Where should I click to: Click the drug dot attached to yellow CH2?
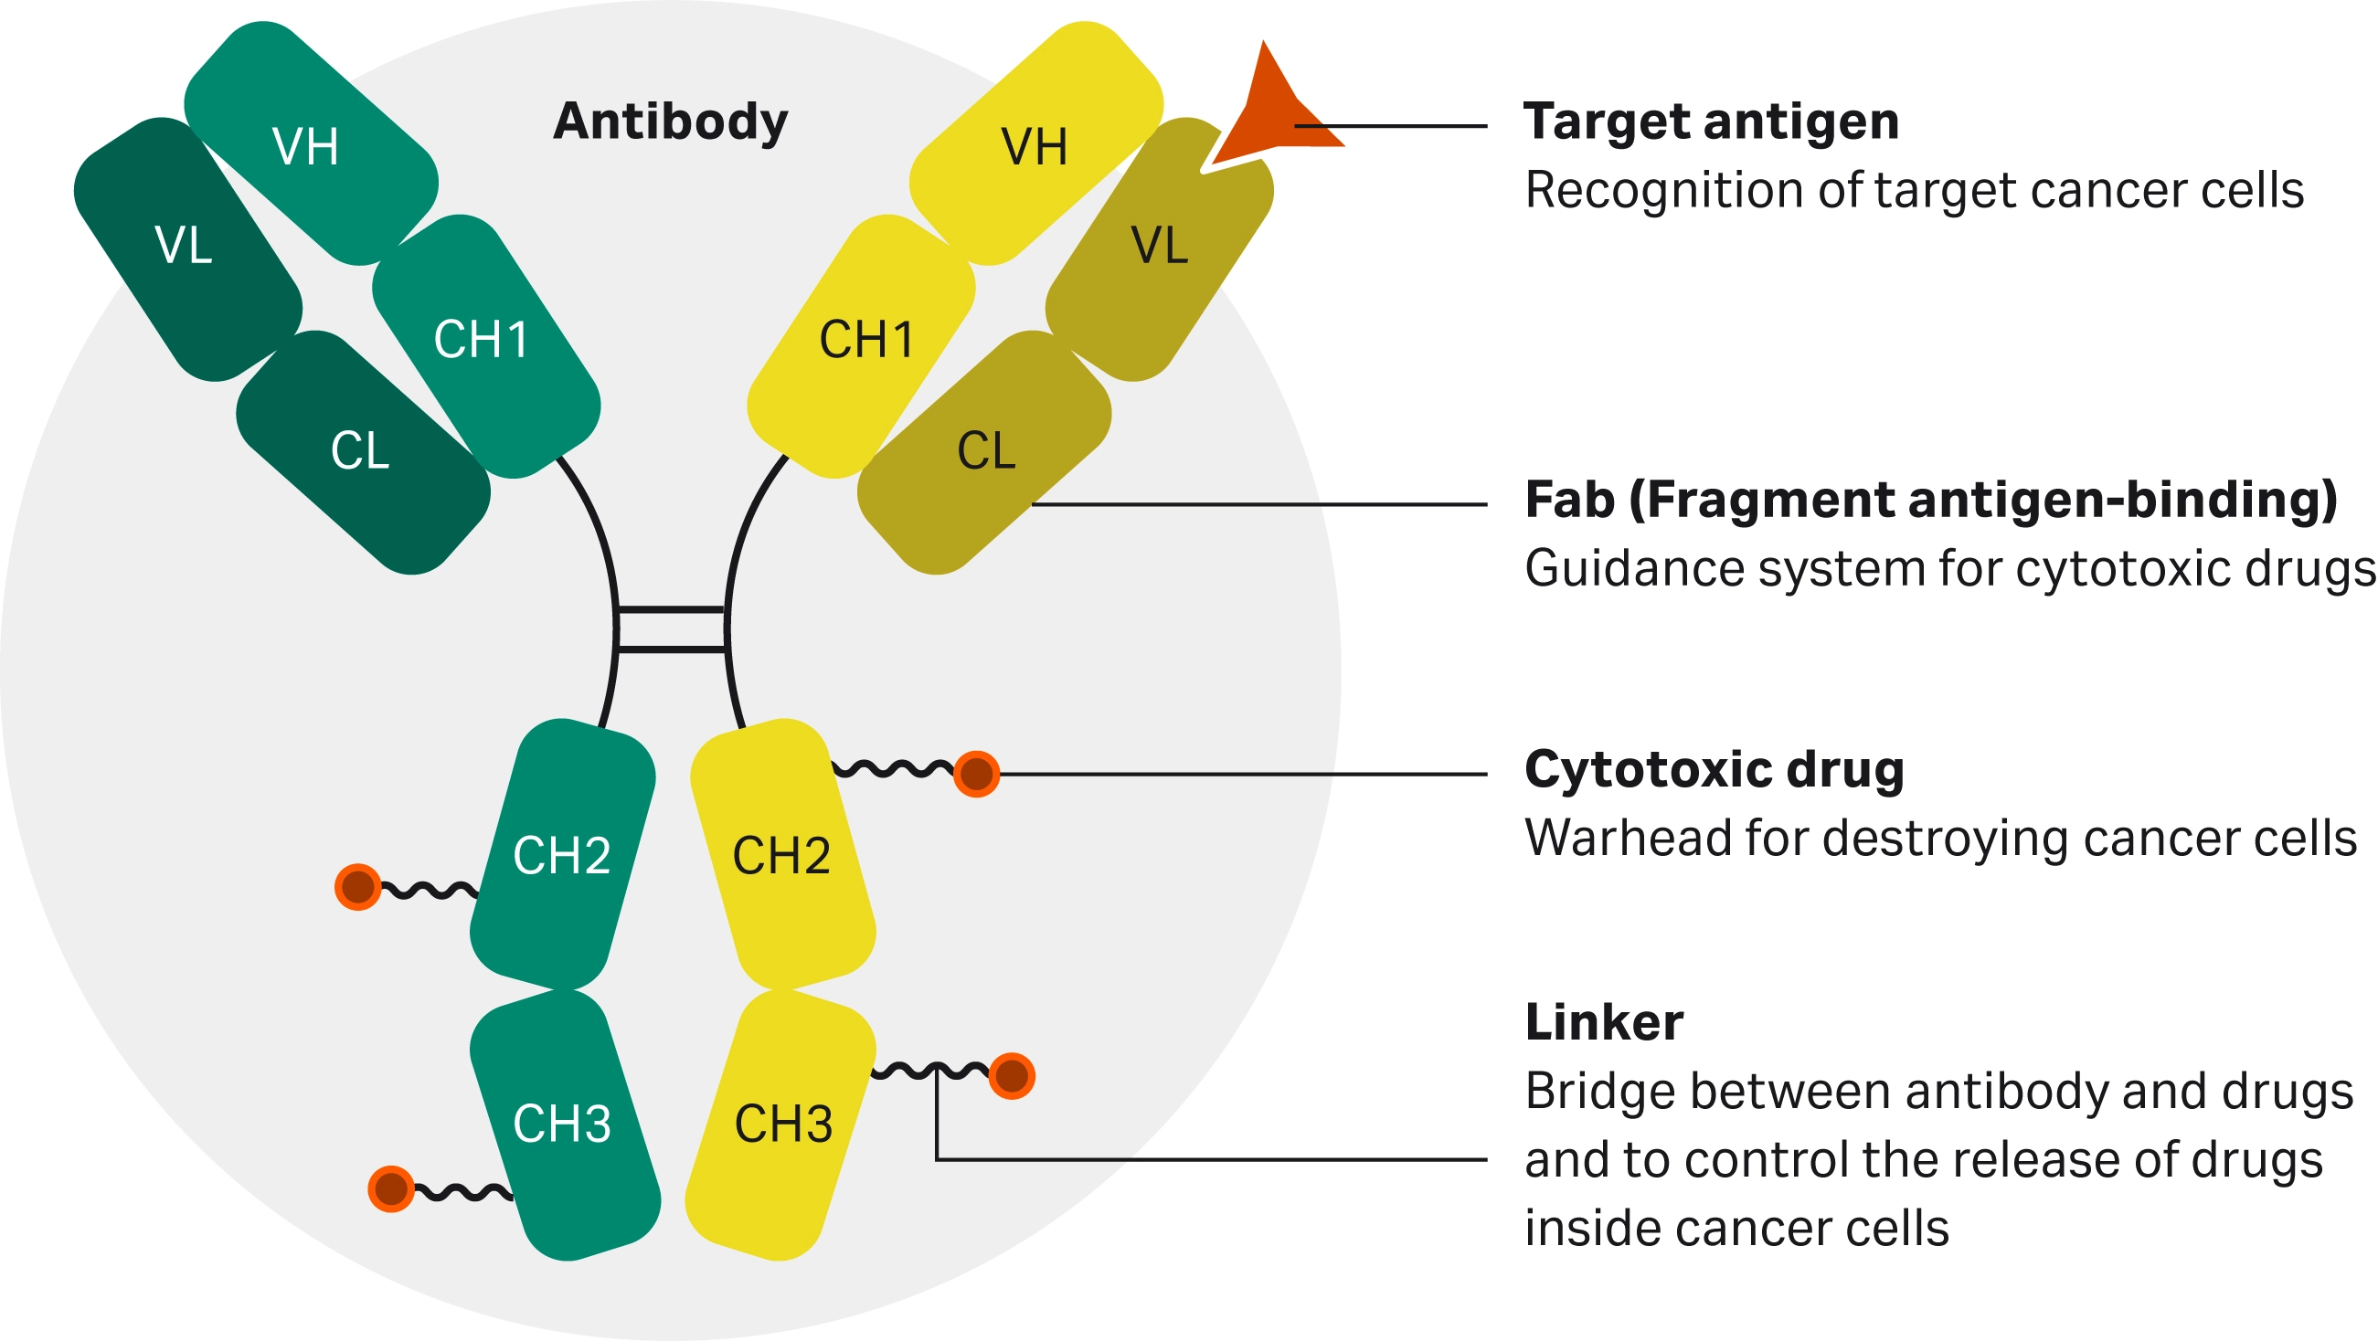coord(977,774)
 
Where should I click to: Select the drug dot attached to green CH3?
coord(390,1188)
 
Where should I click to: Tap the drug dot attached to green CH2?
coord(358,887)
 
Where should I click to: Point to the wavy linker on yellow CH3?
coord(928,1071)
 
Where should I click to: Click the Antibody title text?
coord(670,121)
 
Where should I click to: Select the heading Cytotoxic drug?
coord(1714,770)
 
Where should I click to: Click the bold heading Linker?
coord(1604,1022)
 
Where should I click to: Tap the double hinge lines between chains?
coord(671,629)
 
